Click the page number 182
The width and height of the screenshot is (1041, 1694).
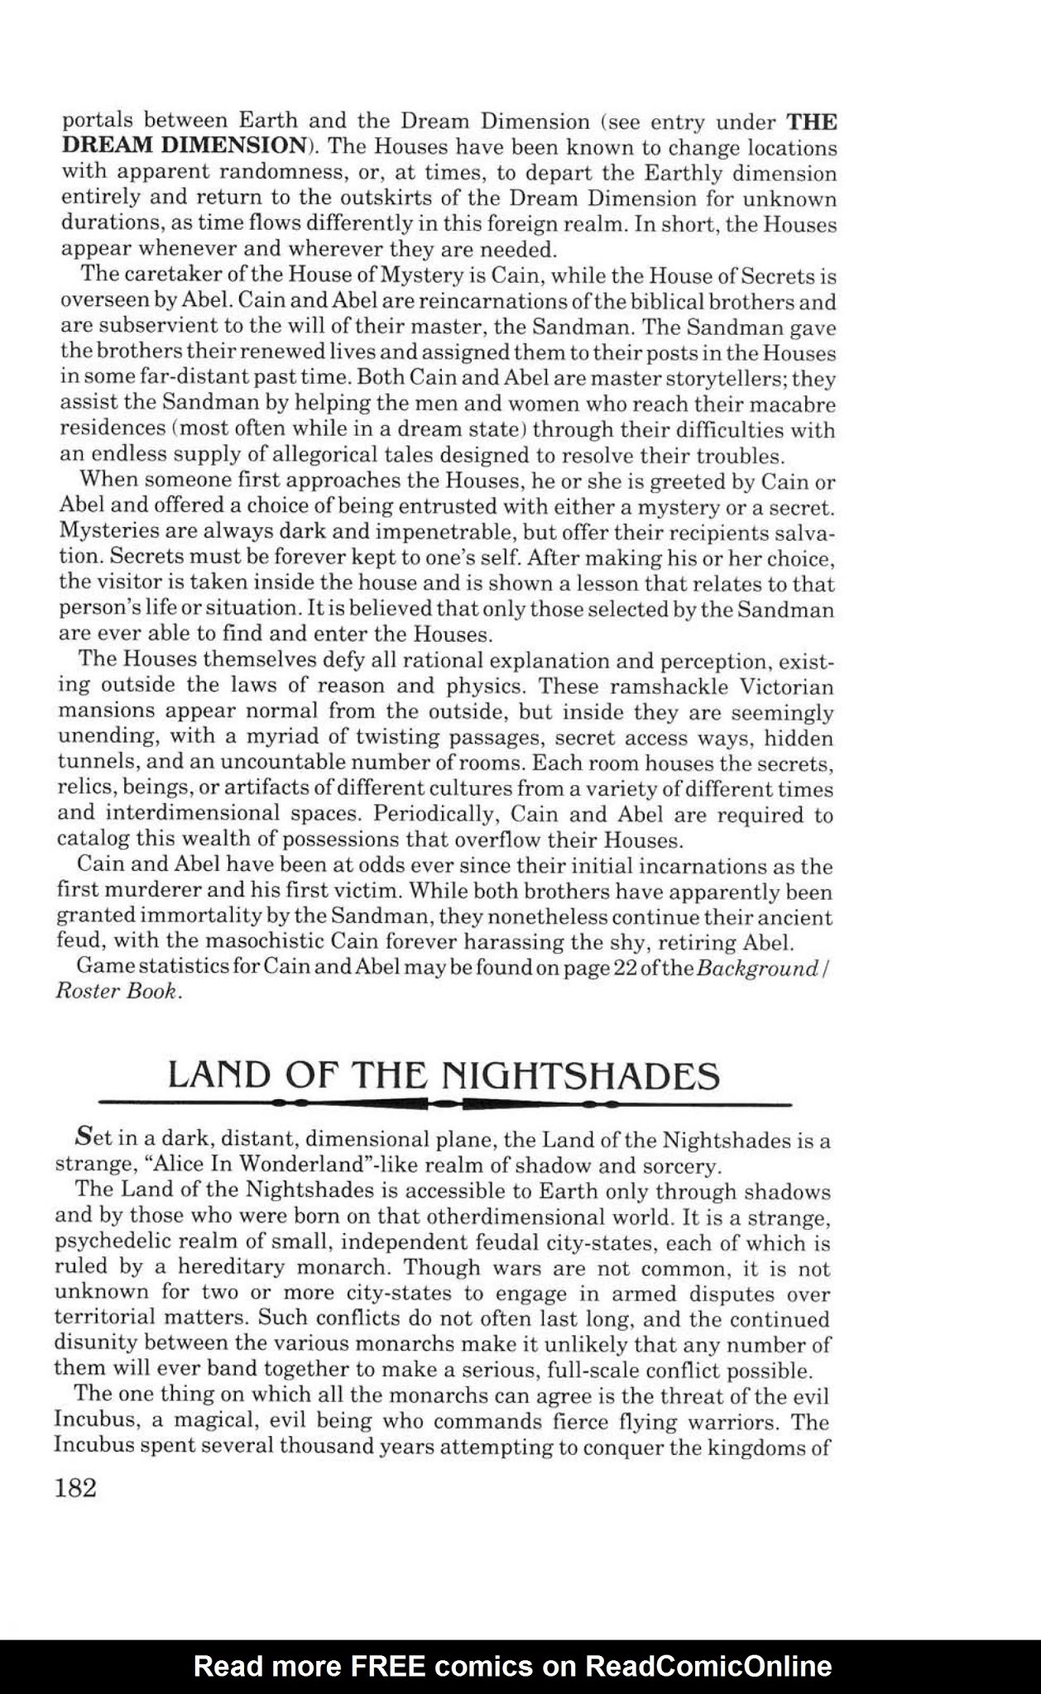pyautogui.click(x=76, y=1488)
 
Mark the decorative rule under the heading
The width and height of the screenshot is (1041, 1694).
pyautogui.click(x=444, y=1103)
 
